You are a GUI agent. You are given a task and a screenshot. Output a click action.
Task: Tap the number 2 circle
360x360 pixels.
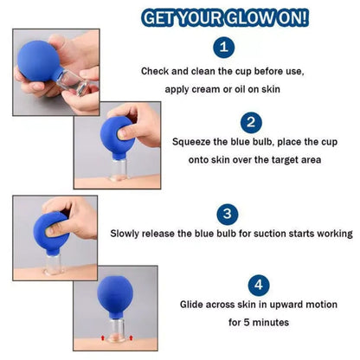click(252, 122)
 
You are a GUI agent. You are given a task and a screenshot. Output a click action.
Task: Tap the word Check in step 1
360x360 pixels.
click(157, 71)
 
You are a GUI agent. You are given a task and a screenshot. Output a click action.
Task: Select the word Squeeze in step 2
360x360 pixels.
click(195, 140)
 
